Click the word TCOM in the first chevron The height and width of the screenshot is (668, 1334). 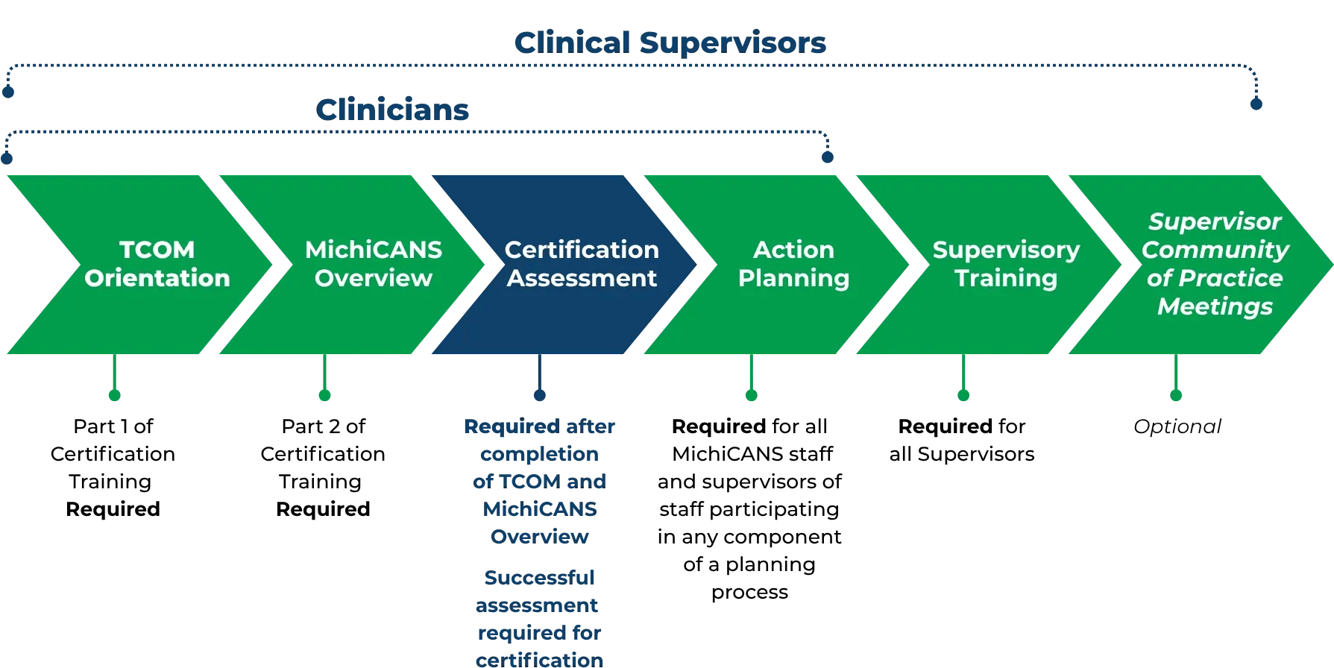[x=157, y=250]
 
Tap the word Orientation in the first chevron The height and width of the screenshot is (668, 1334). [x=157, y=278]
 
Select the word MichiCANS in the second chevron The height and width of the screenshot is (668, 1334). [x=373, y=250]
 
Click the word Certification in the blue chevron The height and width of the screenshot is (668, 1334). [x=582, y=250]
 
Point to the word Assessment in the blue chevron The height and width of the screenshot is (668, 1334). [x=582, y=278]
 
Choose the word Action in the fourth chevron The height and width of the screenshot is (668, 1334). [x=793, y=250]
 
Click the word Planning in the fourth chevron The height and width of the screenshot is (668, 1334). [x=793, y=278]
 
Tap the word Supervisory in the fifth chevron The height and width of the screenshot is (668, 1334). [x=1006, y=250]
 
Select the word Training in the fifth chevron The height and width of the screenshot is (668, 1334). [x=1006, y=278]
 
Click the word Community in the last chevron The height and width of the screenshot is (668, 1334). [x=1215, y=250]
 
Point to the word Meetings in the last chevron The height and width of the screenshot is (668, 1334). [x=1215, y=306]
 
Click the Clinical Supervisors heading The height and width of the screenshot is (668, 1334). [x=670, y=43]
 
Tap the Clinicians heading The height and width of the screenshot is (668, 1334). [x=392, y=110]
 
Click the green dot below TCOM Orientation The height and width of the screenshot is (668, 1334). [x=113, y=396]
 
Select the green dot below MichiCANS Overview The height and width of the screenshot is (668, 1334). [x=324, y=396]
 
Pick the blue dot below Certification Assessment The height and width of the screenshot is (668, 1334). [x=539, y=396]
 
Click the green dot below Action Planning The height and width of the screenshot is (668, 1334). [x=751, y=396]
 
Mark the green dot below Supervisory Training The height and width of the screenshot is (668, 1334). [x=963, y=396]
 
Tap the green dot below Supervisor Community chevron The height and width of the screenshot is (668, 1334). [x=1176, y=396]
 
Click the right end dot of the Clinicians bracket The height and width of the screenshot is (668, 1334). [x=826, y=157]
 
